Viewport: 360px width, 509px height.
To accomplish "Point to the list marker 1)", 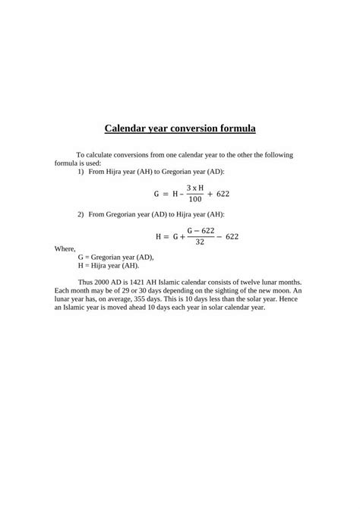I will point(81,172).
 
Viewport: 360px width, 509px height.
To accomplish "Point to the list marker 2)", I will point(81,214).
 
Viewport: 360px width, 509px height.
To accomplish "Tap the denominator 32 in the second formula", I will point(198,242).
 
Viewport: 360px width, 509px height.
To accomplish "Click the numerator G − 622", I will point(198,230).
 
